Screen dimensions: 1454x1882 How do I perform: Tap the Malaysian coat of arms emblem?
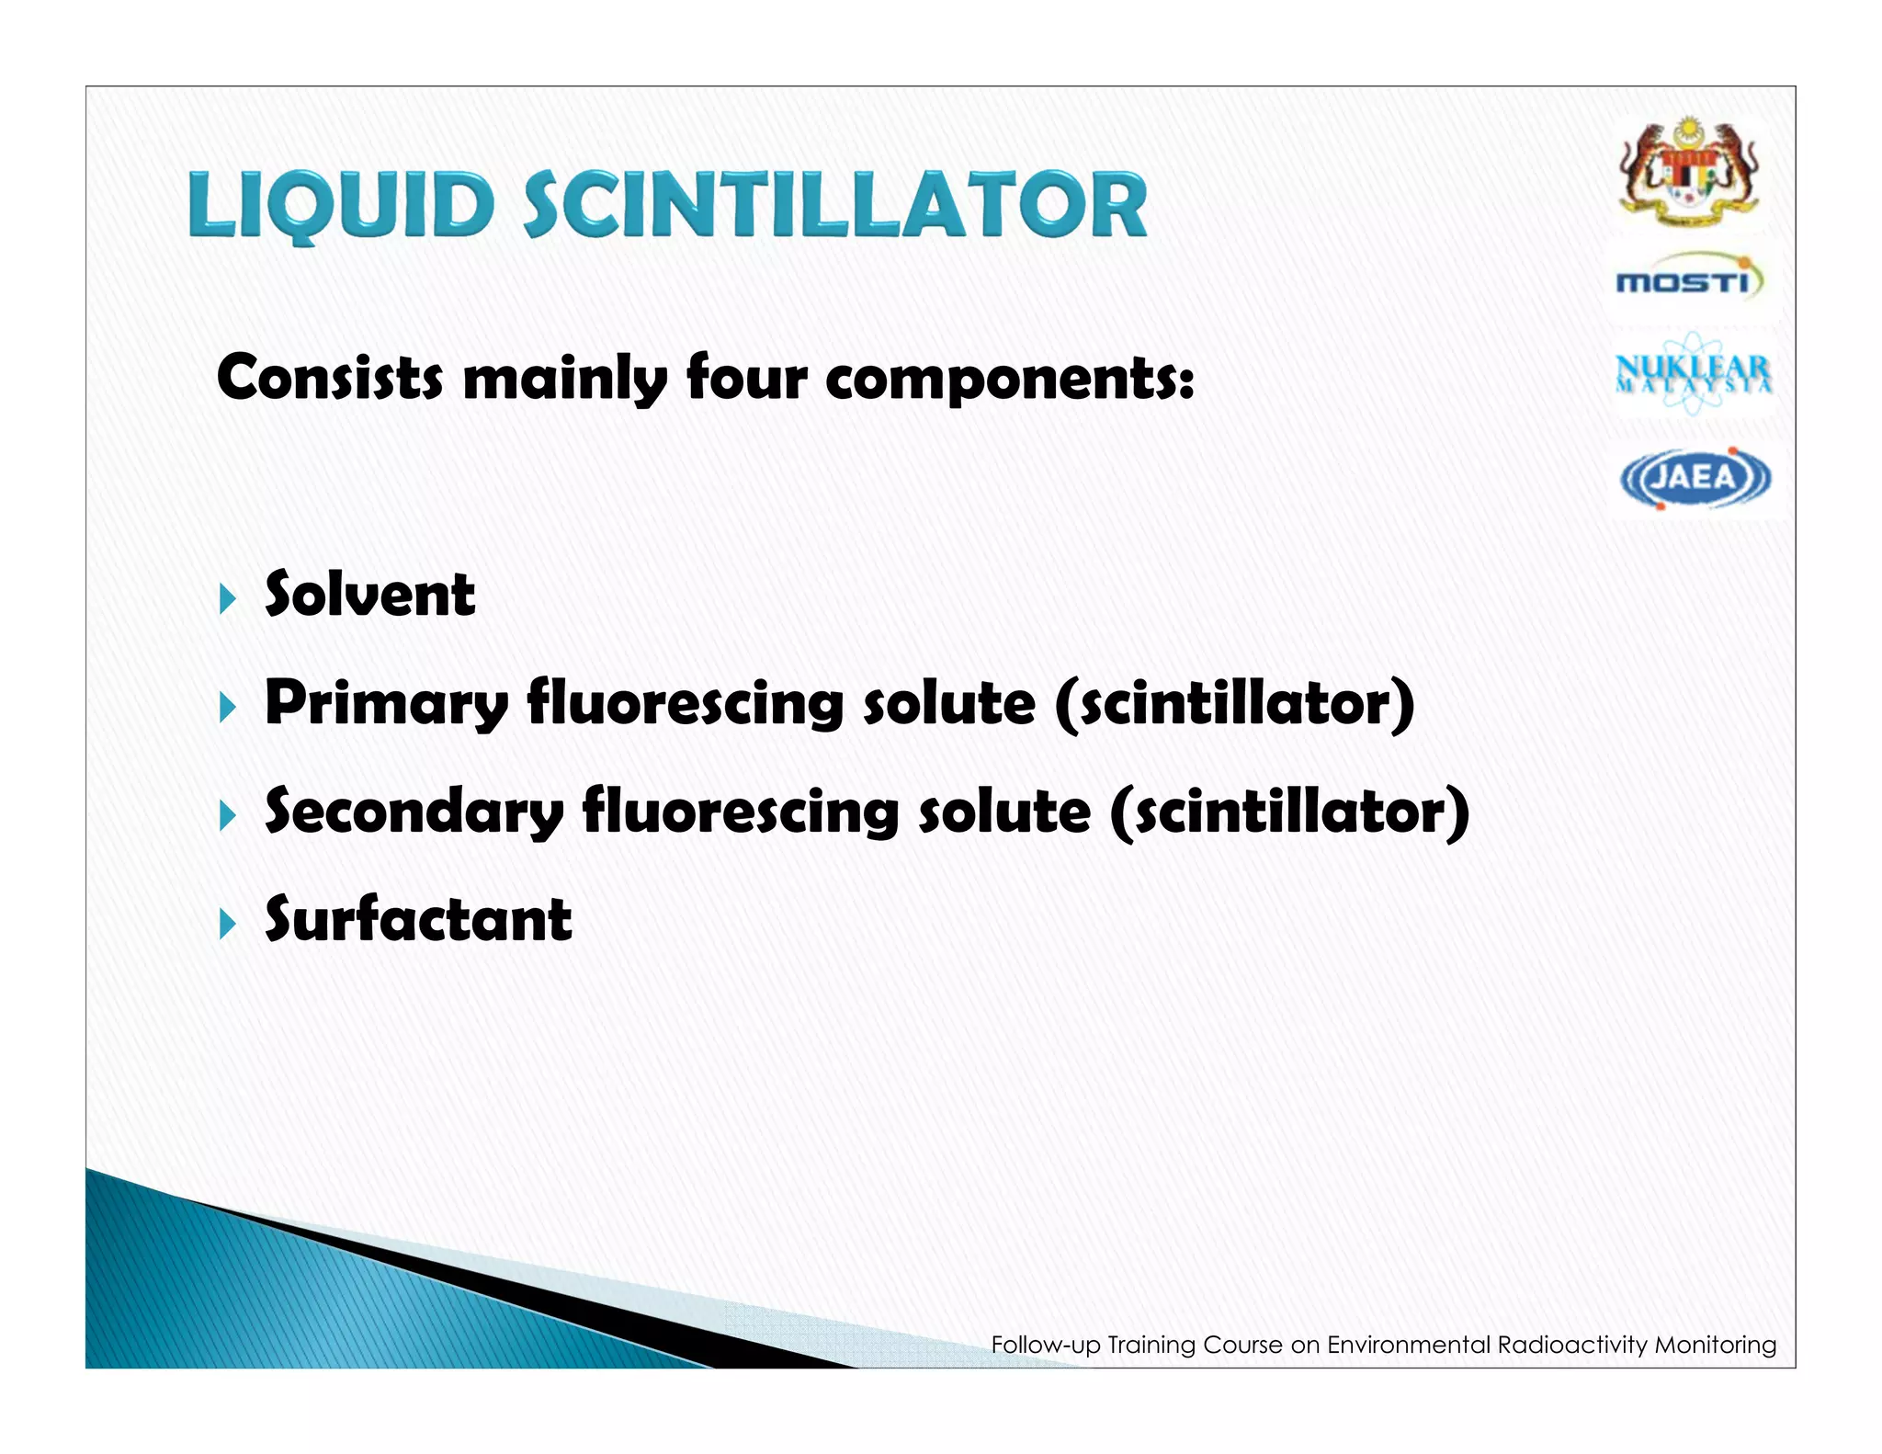tap(1689, 171)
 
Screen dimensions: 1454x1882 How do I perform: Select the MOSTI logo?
tap(1689, 279)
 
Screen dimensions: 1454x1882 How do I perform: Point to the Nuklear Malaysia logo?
tap(1693, 373)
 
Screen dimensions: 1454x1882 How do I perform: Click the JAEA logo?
tap(1694, 478)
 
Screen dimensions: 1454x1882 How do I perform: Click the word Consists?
tap(329, 378)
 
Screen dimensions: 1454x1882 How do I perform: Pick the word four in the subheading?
tap(747, 378)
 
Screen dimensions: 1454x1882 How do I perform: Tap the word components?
tap(1010, 380)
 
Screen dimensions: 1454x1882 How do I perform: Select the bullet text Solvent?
tap(369, 595)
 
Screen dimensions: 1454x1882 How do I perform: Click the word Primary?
tap(386, 705)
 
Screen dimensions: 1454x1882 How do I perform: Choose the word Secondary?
tap(414, 812)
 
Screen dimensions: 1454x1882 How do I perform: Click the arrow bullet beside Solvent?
tap(228, 599)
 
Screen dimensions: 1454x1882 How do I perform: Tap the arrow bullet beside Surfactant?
tap(228, 924)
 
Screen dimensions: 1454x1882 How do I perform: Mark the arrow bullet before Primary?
tap(228, 708)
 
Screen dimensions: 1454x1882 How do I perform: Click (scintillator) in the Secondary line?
tap(1289, 812)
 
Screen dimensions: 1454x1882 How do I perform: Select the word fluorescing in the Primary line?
tap(685, 705)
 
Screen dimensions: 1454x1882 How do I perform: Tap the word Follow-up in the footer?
tap(1045, 1346)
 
